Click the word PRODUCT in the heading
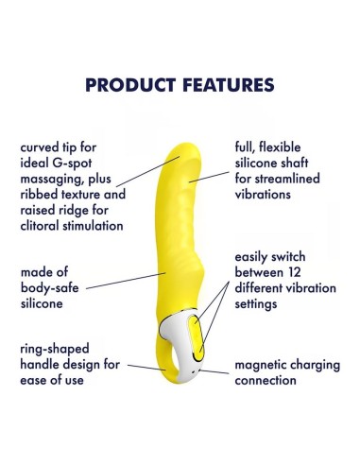[x=131, y=85]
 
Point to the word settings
[x=259, y=305]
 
